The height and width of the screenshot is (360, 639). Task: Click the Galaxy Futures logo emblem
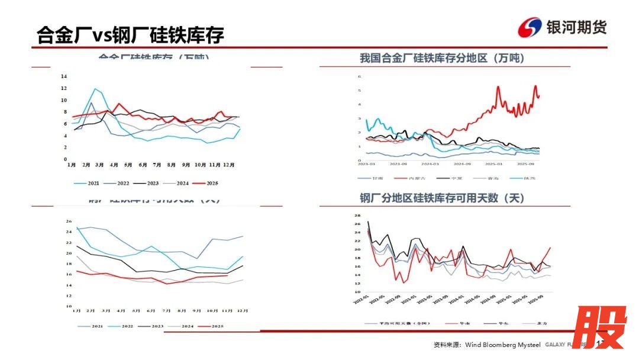(530, 27)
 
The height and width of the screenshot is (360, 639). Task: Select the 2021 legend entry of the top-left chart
(89, 184)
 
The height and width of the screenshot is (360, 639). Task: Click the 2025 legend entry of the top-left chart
(207, 184)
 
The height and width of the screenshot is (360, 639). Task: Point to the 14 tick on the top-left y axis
(64, 76)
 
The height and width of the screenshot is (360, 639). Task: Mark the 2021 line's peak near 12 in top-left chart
(95, 89)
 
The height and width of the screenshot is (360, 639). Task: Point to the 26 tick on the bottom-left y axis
(69, 221)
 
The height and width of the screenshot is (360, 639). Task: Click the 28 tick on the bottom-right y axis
(357, 216)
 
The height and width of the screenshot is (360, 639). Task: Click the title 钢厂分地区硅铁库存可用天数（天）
(442, 198)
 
